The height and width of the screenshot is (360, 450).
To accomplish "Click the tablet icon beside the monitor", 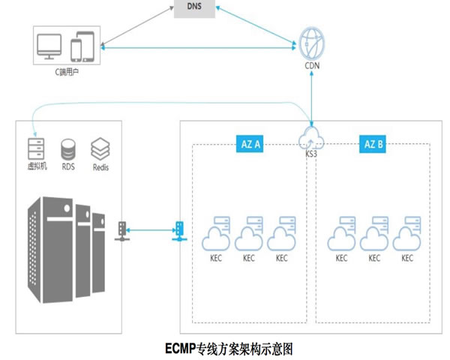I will (x=82, y=47).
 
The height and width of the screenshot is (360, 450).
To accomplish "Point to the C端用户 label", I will (x=67, y=73).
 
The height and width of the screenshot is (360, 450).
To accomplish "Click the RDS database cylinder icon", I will (x=68, y=147).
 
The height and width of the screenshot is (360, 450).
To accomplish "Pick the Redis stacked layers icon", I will (x=100, y=147).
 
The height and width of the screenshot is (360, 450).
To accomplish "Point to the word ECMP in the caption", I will (x=180, y=349).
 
